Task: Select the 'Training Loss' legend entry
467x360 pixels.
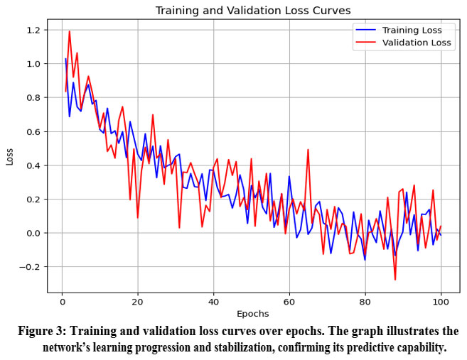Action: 412,30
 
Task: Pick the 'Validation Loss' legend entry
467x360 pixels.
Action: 417,43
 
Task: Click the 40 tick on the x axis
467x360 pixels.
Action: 213,301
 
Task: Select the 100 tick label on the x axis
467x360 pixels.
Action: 440,301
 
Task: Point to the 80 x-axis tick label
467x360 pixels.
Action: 365,301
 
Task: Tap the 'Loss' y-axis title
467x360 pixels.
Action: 10,156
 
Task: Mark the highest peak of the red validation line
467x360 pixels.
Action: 70,31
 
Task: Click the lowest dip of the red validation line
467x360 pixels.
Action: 395,280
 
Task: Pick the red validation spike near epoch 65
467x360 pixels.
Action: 308,150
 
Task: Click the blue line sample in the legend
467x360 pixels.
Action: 366,31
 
